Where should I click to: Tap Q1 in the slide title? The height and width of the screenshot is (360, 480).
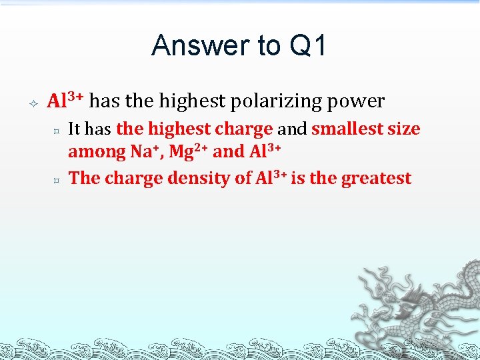point(308,46)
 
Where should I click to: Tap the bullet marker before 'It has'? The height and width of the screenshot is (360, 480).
point(58,129)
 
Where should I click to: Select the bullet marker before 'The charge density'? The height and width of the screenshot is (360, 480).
point(58,179)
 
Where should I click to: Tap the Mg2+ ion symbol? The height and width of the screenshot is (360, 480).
point(188,152)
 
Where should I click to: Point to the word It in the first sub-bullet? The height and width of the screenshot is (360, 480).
point(75,129)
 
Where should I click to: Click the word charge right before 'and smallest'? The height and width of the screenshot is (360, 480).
point(243,129)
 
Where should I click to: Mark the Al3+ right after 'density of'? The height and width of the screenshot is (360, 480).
point(271,178)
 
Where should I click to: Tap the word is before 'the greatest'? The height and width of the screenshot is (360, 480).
point(299,178)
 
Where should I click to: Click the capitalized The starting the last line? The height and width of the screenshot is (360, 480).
point(85,178)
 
